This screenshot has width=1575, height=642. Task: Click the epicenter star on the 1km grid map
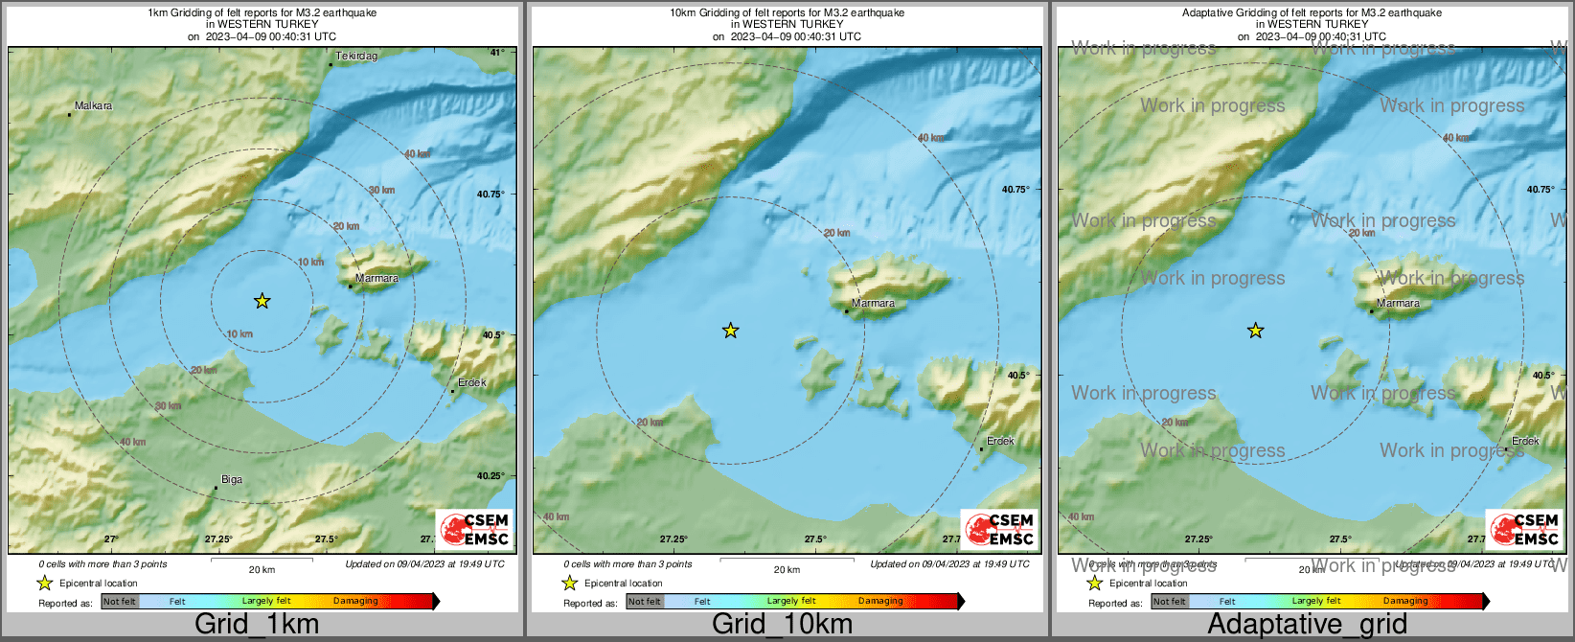(x=262, y=301)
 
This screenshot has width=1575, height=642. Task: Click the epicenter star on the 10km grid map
(x=730, y=331)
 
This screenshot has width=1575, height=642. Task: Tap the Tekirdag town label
(x=356, y=57)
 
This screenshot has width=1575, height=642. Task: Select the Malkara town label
(x=93, y=105)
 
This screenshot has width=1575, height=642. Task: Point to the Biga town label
(x=232, y=480)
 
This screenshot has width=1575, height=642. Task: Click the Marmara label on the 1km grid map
(x=377, y=279)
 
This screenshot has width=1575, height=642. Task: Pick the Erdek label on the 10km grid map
(x=1000, y=441)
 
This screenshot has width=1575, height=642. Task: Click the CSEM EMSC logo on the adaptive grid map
(x=1524, y=529)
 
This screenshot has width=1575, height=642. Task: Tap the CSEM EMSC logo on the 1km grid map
(x=474, y=529)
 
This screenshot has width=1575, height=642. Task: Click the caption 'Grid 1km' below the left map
(x=256, y=625)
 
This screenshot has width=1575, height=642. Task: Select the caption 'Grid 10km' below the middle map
(x=782, y=625)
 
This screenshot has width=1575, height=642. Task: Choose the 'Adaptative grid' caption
(x=1307, y=625)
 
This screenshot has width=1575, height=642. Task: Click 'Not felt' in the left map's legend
(x=120, y=602)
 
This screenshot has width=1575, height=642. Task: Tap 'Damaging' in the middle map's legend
(x=880, y=602)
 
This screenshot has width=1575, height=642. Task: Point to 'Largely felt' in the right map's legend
(x=1316, y=602)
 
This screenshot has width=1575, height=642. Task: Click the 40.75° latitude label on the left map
(x=491, y=194)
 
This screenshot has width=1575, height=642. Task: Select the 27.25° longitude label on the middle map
(x=673, y=539)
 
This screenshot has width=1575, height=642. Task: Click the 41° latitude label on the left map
(x=497, y=53)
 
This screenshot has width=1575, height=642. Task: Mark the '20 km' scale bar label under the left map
(x=262, y=569)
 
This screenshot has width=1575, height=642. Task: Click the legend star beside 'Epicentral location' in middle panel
(x=569, y=583)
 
